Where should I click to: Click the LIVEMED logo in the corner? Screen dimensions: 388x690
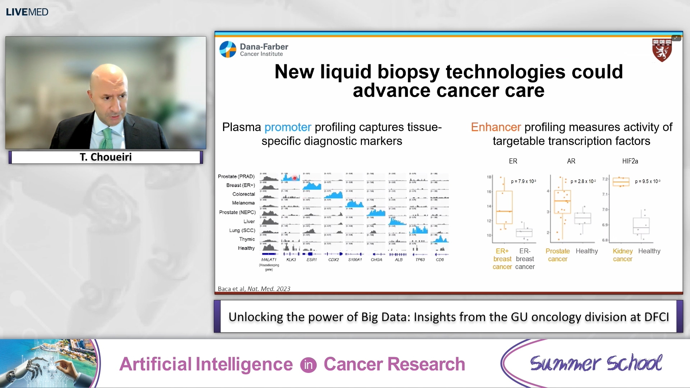[x=27, y=12]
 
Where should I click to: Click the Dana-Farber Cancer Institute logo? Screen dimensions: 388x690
[x=254, y=50]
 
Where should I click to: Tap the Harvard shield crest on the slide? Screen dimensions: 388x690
[x=662, y=50]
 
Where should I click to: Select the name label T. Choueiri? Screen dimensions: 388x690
[x=106, y=157]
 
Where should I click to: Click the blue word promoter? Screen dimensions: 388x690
[x=287, y=127]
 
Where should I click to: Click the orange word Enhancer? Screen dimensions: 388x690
[x=496, y=127]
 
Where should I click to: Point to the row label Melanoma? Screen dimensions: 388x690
[x=243, y=203]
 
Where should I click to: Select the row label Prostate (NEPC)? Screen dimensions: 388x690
[x=237, y=212]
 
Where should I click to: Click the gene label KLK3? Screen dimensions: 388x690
[x=291, y=259]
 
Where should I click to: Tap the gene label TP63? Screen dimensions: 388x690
[x=420, y=259]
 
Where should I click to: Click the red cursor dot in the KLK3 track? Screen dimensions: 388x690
[x=294, y=178]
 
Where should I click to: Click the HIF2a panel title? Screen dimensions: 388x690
[x=630, y=161]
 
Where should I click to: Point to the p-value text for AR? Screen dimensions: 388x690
[x=583, y=181]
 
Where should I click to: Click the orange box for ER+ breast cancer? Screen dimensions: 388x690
[x=504, y=208]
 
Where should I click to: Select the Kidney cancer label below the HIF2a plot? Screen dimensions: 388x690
[x=622, y=255]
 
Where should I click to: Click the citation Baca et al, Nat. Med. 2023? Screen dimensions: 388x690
[x=254, y=289]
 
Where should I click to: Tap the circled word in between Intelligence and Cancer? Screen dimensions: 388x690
[x=308, y=365]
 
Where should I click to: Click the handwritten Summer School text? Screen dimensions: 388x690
[x=596, y=363]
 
